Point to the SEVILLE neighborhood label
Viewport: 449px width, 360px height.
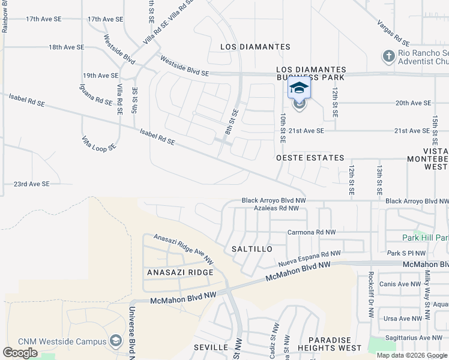(211, 347)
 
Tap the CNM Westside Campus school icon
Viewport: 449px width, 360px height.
(115, 341)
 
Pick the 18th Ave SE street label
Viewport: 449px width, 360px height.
(67, 47)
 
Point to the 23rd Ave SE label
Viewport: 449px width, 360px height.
(32, 184)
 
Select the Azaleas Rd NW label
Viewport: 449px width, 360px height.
(276, 208)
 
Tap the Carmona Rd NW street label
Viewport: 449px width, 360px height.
(312, 232)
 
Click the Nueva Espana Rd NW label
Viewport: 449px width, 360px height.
(310, 260)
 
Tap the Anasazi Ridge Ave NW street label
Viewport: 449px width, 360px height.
(184, 249)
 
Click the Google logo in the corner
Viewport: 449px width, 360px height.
(20, 353)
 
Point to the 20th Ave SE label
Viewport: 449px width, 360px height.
(414, 103)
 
